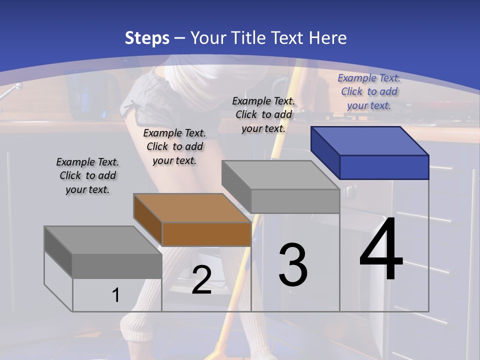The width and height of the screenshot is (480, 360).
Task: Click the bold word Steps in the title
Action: click(147, 38)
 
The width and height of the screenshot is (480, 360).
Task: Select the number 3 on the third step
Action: click(293, 265)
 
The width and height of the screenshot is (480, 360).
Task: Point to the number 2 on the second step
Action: click(201, 280)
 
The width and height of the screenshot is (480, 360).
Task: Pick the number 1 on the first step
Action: click(116, 295)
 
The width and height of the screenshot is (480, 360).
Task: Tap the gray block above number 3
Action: click(280, 175)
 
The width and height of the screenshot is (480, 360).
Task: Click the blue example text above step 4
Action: click(369, 91)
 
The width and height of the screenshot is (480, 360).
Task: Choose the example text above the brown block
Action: click(174, 146)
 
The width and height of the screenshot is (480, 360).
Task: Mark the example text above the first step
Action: click(87, 175)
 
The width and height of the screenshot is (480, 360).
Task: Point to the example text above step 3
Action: click(263, 114)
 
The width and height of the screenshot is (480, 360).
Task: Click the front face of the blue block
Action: click(384, 167)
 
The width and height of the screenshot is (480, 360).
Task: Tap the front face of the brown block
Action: click(206, 234)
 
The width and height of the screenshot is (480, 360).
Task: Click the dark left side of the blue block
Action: click(325, 150)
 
